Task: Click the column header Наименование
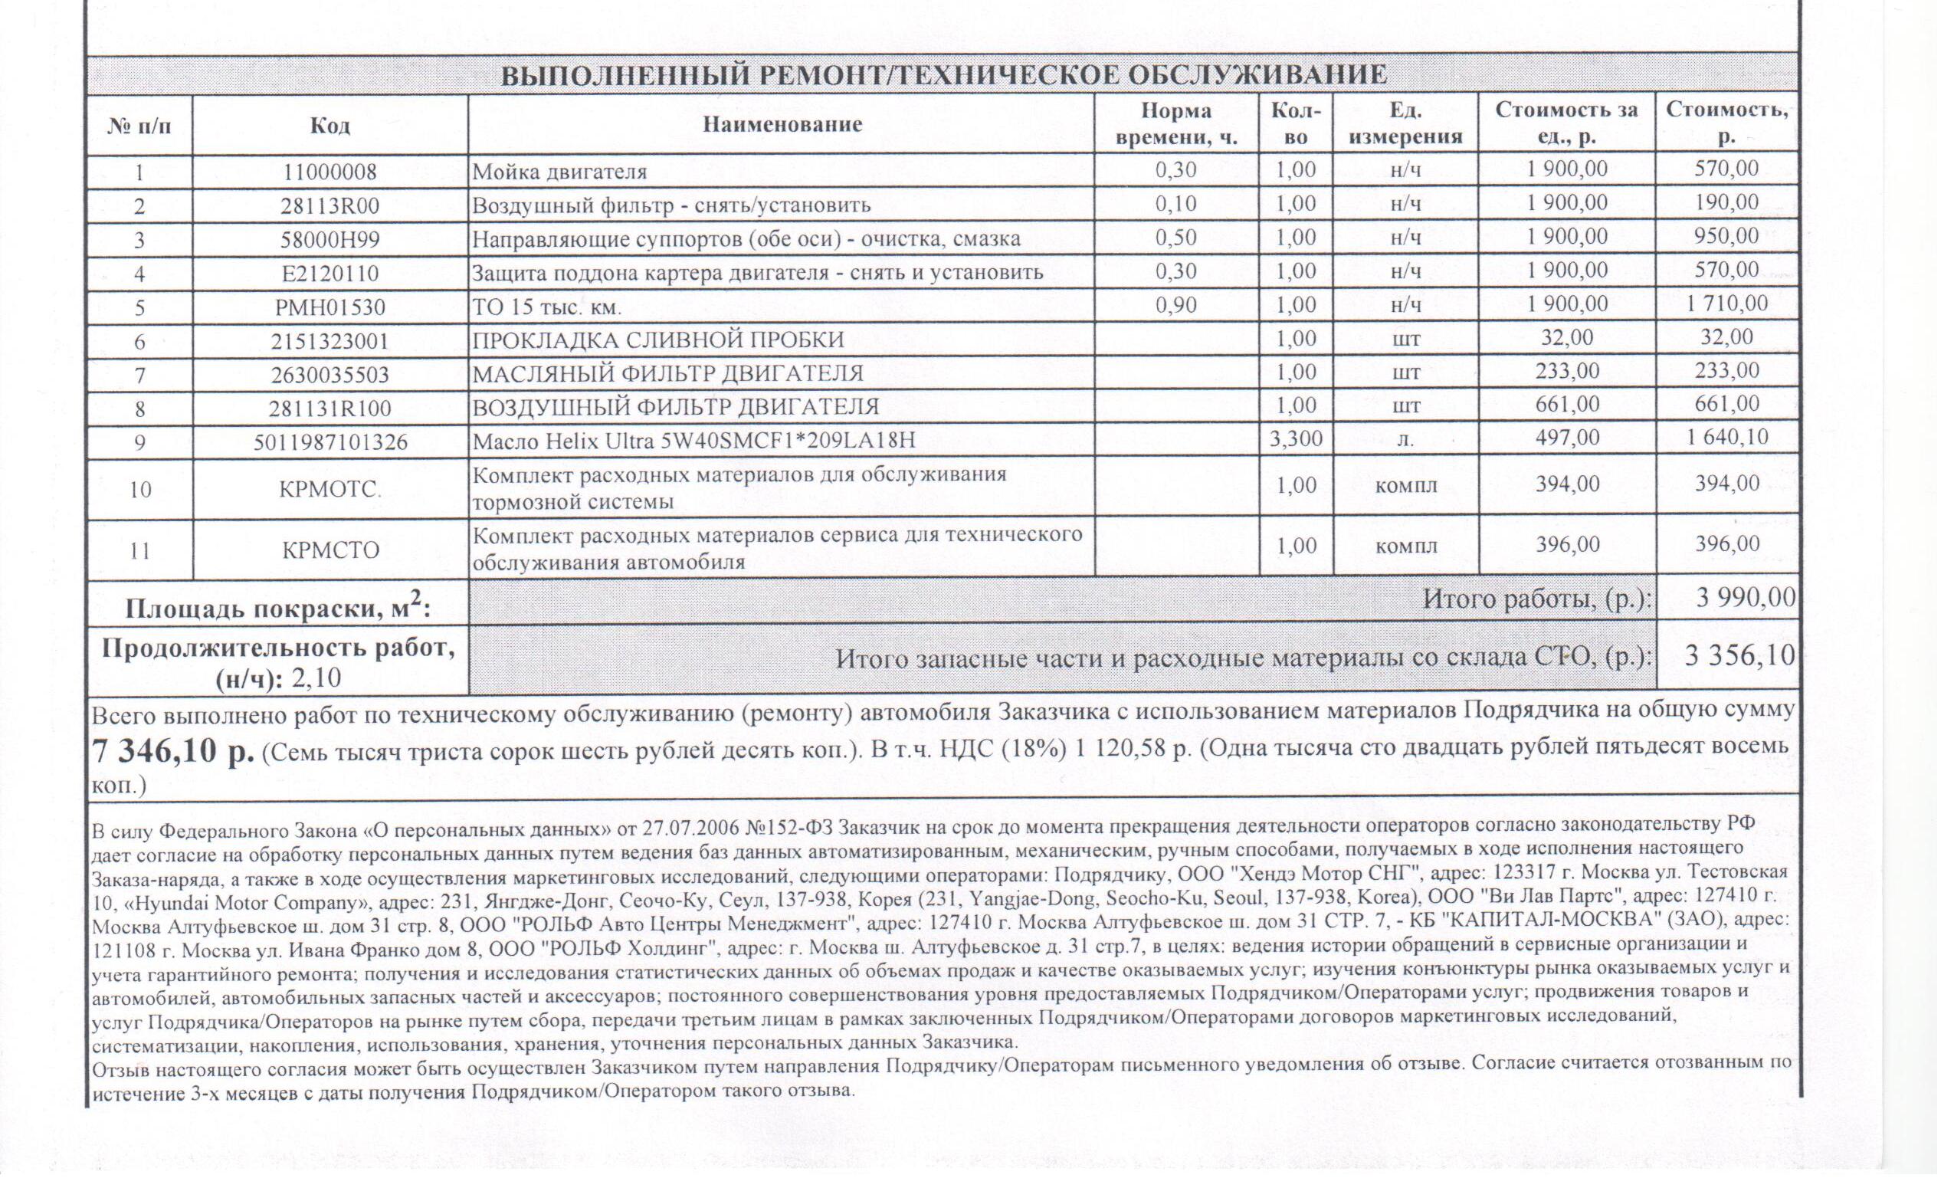point(782,124)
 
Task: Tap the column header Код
point(330,125)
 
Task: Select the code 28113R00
point(330,206)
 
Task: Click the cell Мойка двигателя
point(560,171)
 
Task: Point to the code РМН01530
point(330,307)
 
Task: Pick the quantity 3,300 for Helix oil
point(1296,438)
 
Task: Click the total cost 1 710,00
point(1727,304)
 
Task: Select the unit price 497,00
point(1567,438)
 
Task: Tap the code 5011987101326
point(330,441)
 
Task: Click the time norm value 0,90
point(1177,305)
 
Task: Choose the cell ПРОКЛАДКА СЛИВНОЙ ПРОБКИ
point(658,340)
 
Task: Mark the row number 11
point(139,550)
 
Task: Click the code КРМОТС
point(330,489)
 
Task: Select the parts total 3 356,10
point(1739,655)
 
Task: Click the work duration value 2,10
point(316,679)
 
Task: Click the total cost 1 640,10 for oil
point(1727,438)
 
